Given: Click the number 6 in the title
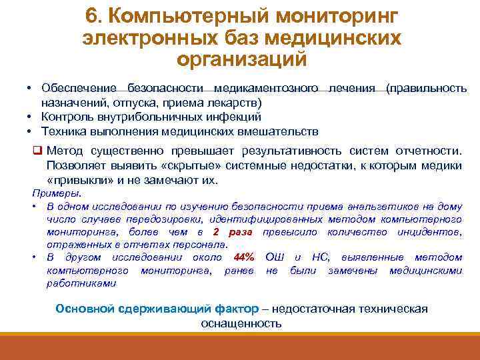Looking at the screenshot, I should pyautogui.click(x=93, y=15).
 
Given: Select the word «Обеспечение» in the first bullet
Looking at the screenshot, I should pyautogui.click(x=75, y=89).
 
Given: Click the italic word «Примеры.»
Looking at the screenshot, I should pyautogui.click(x=57, y=193).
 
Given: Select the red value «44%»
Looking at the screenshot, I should pyautogui.click(x=240, y=257).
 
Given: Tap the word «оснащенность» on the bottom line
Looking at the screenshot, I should pyautogui.click(x=241, y=323).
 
